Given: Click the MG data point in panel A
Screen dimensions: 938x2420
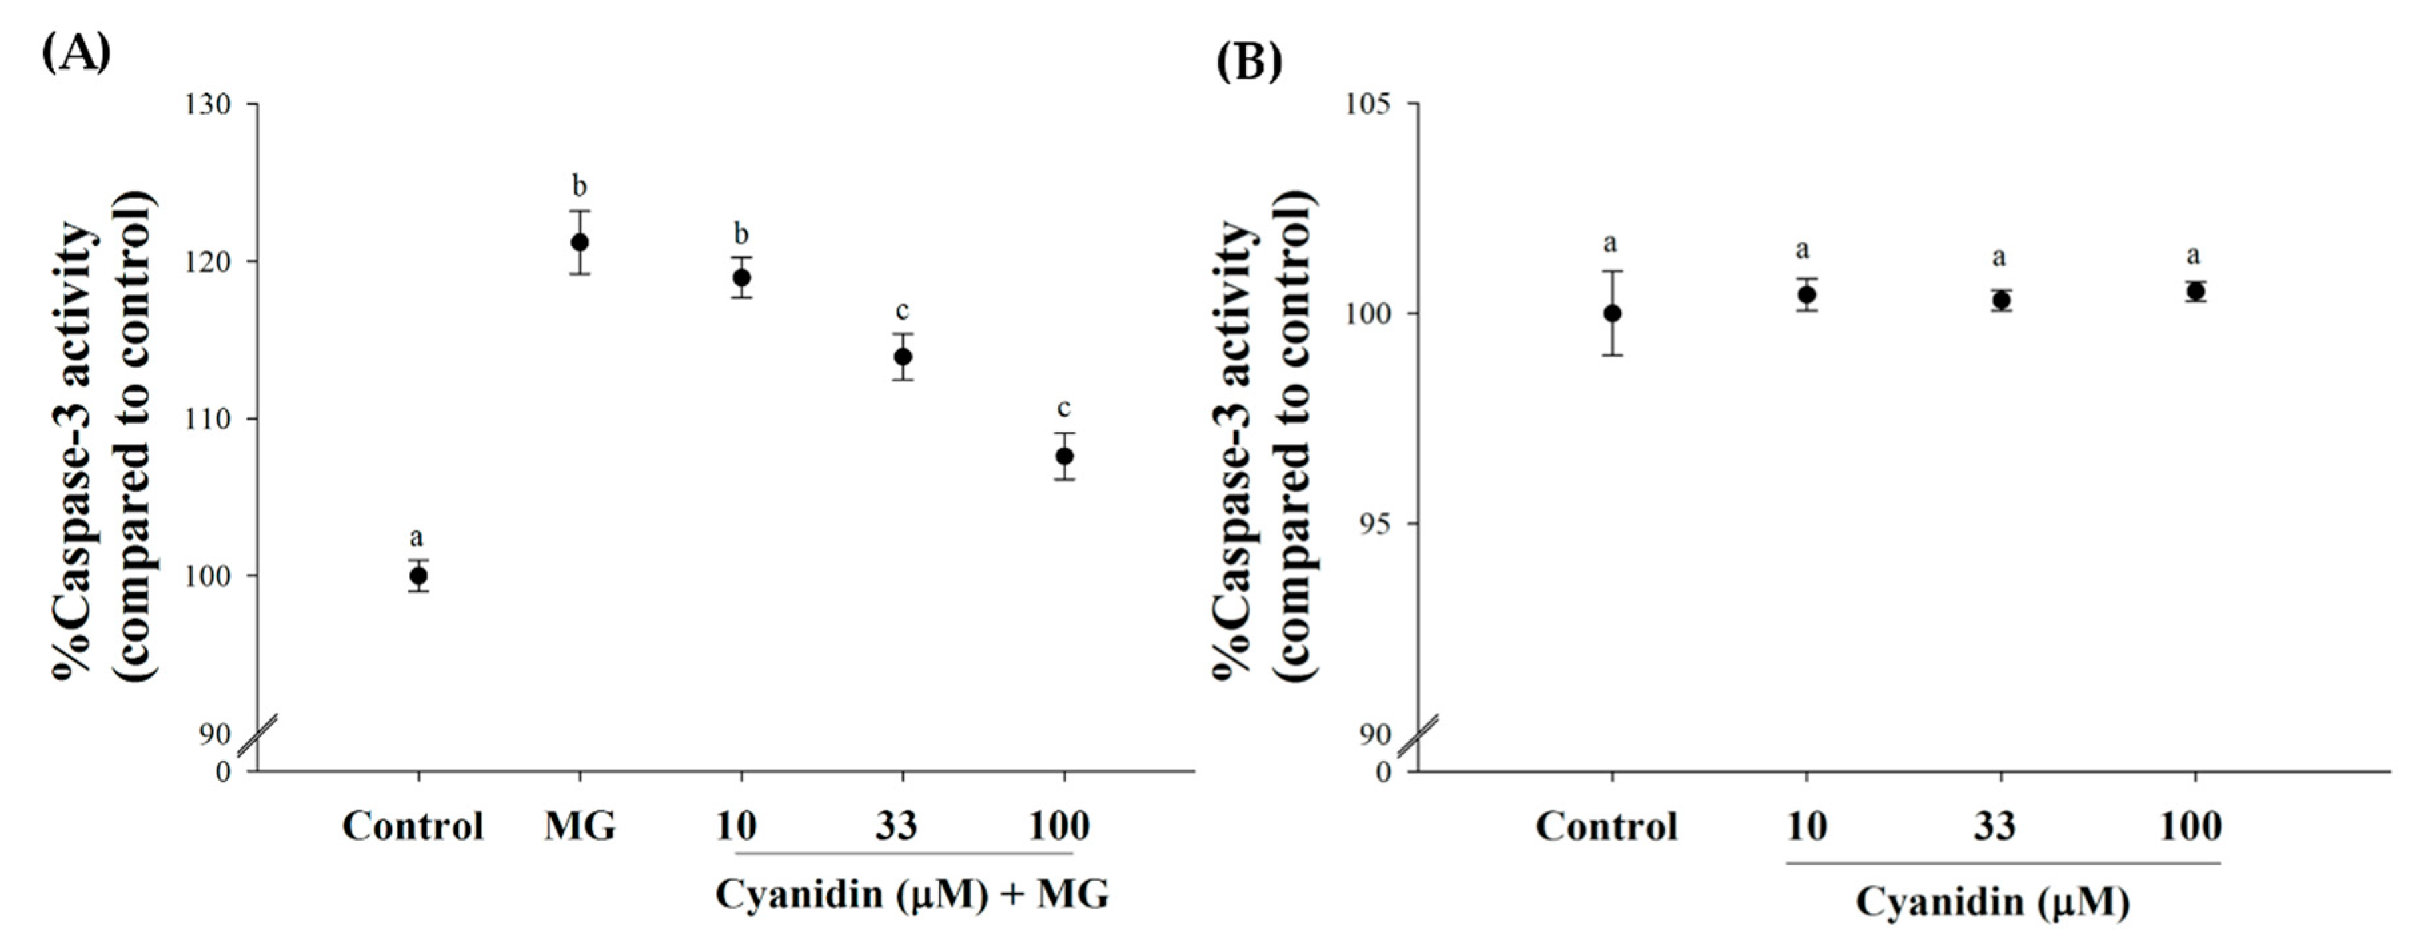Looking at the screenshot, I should (580, 242).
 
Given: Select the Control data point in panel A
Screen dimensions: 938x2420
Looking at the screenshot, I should (418, 576).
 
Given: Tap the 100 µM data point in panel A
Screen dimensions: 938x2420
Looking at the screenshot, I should (1064, 456).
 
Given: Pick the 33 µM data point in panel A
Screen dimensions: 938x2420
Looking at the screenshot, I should (903, 357).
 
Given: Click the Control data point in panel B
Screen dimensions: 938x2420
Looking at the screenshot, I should (1612, 314).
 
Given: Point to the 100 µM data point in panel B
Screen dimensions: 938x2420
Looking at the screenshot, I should (2195, 291).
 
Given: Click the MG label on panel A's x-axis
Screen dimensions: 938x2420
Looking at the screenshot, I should (580, 827).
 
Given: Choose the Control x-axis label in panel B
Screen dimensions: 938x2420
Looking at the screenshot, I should (1607, 827).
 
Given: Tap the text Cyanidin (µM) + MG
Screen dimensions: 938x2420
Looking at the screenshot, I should (911, 894).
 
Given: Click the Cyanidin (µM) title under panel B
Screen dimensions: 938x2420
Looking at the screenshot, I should (1992, 903).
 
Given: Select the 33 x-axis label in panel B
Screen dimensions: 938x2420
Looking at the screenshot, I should (1994, 827).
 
